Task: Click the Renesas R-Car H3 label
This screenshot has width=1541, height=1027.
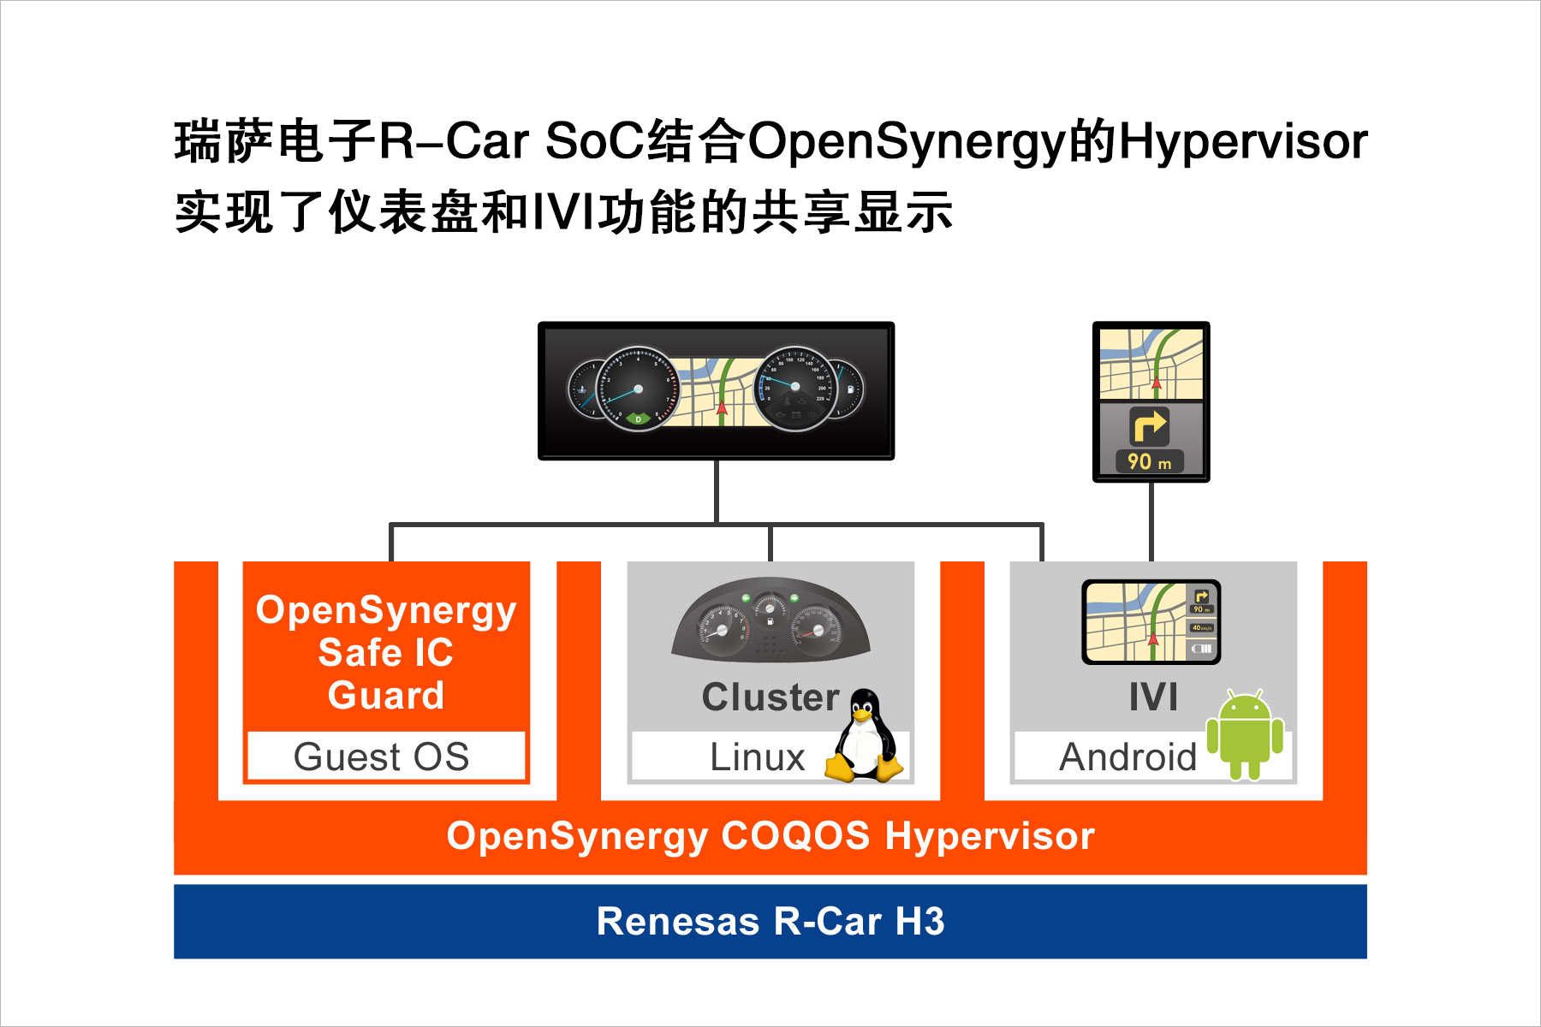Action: pyautogui.click(x=770, y=922)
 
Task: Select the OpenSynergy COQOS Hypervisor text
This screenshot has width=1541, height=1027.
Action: pyautogui.click(x=770, y=836)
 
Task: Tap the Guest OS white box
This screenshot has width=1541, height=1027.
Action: pyautogui.click(x=386, y=756)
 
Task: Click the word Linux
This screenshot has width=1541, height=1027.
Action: pyautogui.click(x=758, y=757)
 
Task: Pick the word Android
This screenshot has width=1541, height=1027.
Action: pyautogui.click(x=1127, y=757)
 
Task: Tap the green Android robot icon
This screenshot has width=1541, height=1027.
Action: pyautogui.click(x=1245, y=734)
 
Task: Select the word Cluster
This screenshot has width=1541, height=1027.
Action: pyautogui.click(x=770, y=697)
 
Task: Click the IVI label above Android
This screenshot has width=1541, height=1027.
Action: pyautogui.click(x=1153, y=697)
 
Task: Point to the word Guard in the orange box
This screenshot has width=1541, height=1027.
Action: pyautogui.click(x=386, y=695)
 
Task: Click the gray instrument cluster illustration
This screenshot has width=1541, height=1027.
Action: pyautogui.click(x=770, y=620)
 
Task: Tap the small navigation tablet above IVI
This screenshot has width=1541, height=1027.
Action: pyautogui.click(x=1151, y=622)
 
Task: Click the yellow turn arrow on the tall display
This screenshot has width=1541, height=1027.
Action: pyautogui.click(x=1149, y=425)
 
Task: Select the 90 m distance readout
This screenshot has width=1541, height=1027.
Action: pyautogui.click(x=1149, y=462)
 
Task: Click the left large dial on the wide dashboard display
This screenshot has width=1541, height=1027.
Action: pyautogui.click(x=638, y=389)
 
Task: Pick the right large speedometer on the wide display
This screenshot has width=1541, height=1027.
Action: pyautogui.click(x=795, y=388)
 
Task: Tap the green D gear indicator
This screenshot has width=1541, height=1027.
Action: pyautogui.click(x=638, y=419)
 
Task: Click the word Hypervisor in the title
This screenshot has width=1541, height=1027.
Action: pyautogui.click(x=1243, y=142)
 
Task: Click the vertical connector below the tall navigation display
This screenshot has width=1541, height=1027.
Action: pyautogui.click(x=1151, y=522)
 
